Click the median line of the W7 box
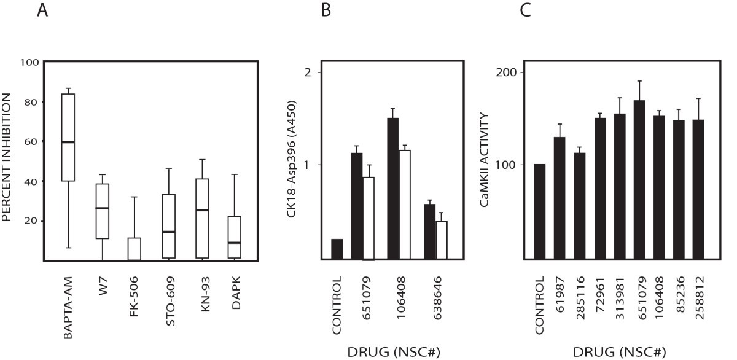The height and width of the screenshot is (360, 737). [x=103, y=208]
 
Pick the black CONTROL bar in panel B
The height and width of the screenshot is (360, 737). [x=337, y=249]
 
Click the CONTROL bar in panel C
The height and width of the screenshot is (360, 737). [x=539, y=212]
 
